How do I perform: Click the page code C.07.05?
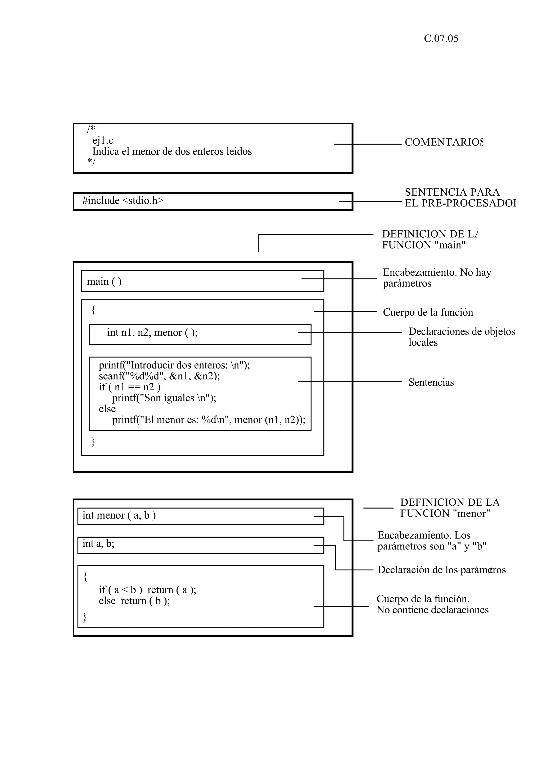point(441,39)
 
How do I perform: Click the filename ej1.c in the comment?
point(103,141)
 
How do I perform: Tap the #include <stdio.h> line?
point(123,201)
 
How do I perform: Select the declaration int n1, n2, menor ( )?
point(152,332)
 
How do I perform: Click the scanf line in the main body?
point(159,376)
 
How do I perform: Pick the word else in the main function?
point(107,409)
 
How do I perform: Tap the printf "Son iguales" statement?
point(164,398)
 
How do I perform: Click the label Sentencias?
point(431,382)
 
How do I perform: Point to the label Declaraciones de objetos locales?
point(462,337)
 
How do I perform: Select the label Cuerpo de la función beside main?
point(428,312)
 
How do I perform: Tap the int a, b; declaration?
point(98,543)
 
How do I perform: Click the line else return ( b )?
point(134,601)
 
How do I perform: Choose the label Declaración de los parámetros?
point(441,570)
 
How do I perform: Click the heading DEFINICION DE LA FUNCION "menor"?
point(449,508)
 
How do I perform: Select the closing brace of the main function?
point(93,442)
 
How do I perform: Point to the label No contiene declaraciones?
point(432,610)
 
